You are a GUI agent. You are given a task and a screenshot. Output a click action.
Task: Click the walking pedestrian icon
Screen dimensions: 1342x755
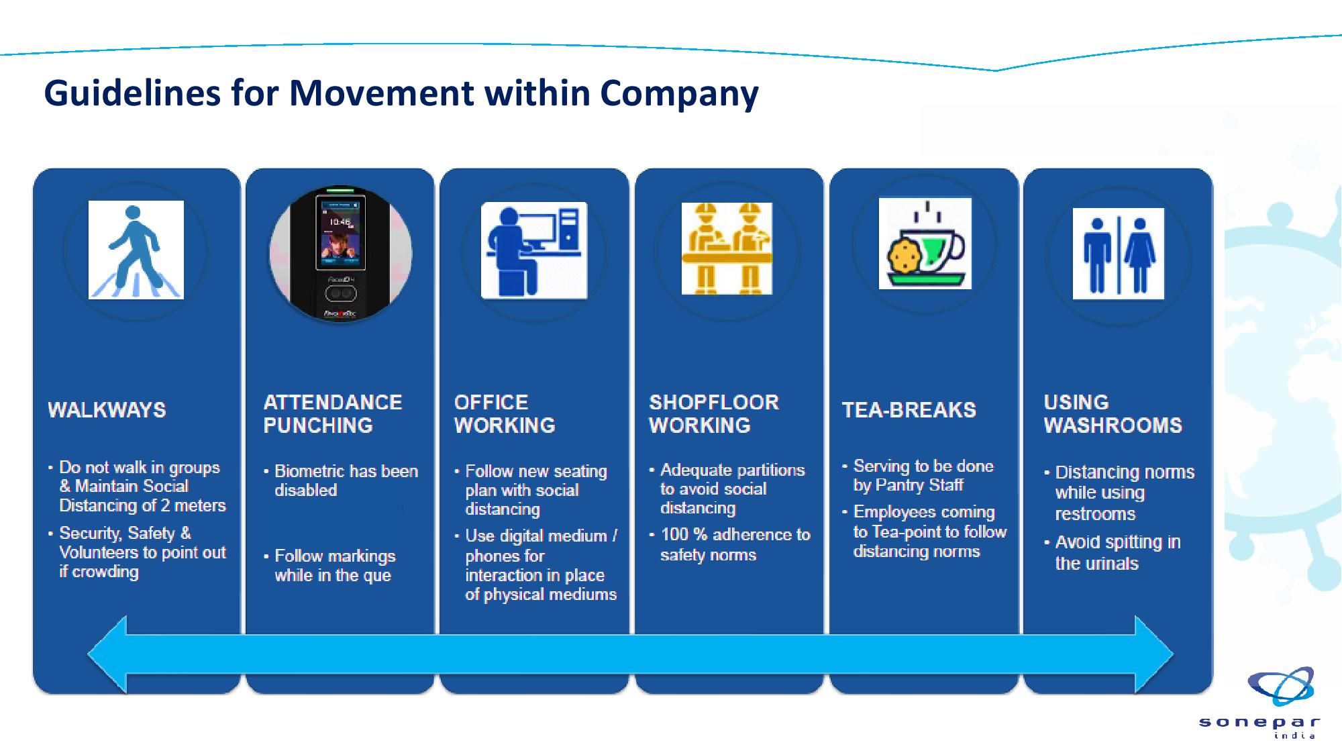coord(136,250)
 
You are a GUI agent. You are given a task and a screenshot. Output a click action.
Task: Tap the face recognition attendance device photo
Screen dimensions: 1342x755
coord(341,254)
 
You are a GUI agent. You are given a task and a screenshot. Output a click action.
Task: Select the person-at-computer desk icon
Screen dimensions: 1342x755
coord(534,250)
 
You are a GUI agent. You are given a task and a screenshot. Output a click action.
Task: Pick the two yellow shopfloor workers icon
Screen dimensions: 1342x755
coord(727,248)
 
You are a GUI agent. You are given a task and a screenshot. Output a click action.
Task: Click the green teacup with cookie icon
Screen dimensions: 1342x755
coord(925,243)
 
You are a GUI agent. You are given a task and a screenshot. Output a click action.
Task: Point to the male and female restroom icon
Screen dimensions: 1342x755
coord(1119,254)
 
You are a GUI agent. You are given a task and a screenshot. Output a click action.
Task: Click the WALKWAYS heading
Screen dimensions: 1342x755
coord(107,410)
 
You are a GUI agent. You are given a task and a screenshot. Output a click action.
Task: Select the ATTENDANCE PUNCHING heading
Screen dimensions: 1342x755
coord(333,413)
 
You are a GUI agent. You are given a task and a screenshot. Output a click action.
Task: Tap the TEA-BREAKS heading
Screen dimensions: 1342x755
coord(909,410)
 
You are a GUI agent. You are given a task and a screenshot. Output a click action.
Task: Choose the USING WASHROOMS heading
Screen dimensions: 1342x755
coord(1113,413)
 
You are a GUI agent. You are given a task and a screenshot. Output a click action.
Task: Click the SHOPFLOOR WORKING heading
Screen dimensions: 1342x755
coord(714,413)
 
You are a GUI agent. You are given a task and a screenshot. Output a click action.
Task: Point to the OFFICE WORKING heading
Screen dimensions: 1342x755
coord(505,413)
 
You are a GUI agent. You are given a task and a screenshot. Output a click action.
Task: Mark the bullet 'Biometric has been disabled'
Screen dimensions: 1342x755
coord(341,481)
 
